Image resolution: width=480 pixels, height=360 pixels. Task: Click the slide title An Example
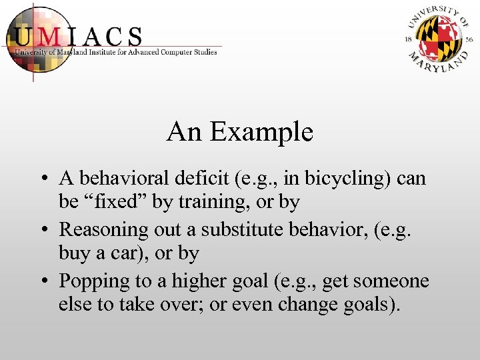pos(240,132)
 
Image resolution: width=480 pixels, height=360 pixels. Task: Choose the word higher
pos(200,281)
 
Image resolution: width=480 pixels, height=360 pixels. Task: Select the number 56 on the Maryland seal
pos(469,40)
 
